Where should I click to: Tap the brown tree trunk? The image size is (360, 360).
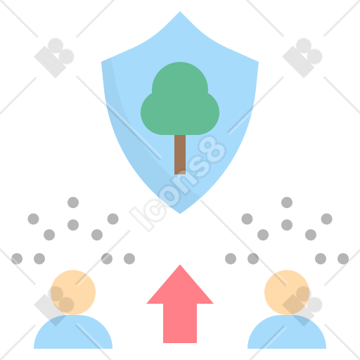180,155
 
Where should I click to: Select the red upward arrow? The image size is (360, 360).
180,304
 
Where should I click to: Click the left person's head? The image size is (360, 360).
73,292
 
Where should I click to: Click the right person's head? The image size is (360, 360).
287,292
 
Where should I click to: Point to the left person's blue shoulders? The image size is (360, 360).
73,332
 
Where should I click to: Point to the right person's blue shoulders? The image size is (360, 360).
287,332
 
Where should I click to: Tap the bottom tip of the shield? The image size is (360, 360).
180,214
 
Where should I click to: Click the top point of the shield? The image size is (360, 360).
180,11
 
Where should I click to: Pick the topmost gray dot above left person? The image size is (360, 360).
73,202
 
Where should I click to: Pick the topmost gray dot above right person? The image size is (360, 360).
287,202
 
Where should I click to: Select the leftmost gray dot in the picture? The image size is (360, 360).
17,259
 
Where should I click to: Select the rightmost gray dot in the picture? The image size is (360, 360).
343,259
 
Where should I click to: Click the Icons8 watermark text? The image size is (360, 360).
178,184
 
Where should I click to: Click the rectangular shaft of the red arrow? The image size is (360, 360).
180,323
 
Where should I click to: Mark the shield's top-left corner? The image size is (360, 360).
101,62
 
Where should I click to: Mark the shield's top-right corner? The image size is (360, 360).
259,62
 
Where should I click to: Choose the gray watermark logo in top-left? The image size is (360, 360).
54,58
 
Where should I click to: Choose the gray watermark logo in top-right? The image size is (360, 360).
302,58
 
